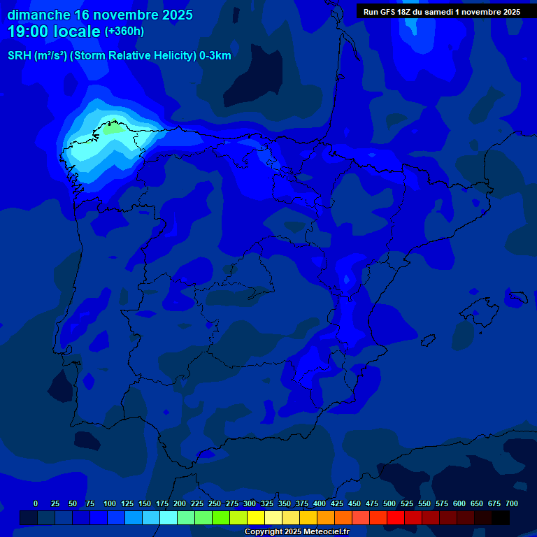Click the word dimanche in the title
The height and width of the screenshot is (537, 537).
click(x=38, y=15)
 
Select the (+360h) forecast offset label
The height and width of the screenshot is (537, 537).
click(x=124, y=31)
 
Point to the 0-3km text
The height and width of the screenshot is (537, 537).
click(x=215, y=56)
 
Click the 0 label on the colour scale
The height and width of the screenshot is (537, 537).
click(x=36, y=503)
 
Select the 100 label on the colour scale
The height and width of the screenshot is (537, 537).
click(x=109, y=503)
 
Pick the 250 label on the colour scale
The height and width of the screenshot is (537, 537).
click(x=214, y=503)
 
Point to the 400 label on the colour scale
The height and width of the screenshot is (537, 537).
click(x=319, y=503)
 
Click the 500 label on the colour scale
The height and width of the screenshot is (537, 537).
click(x=389, y=503)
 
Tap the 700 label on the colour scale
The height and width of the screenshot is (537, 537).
click(x=511, y=503)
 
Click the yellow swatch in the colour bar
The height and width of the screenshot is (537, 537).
click(x=256, y=517)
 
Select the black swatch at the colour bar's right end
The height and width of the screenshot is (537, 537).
click(x=501, y=517)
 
